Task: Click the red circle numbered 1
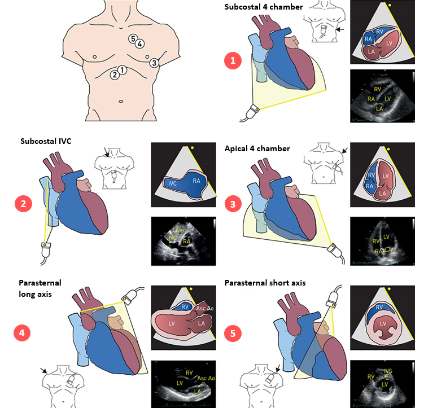pos(233,60)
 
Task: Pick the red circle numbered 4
pos(23,333)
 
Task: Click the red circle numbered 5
pos(233,333)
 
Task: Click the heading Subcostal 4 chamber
pos(263,7)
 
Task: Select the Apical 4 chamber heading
pos(257,148)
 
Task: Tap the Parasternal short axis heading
pos(265,283)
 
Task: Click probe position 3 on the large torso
pos(154,63)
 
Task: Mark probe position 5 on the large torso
pos(132,39)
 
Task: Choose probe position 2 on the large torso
pos(115,73)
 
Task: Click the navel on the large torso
pos(120,102)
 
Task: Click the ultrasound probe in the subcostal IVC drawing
pos(46,249)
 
